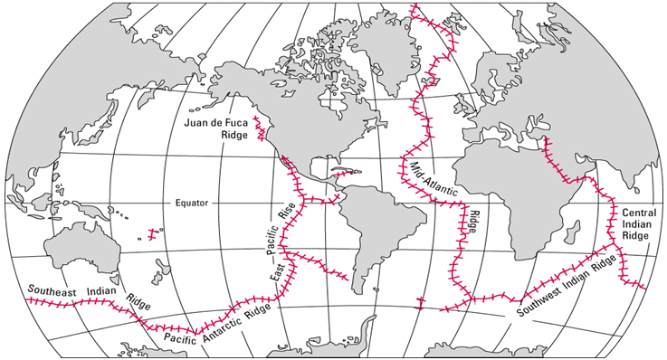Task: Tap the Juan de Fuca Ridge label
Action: (214, 130)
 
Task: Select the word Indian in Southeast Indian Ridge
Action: (102, 292)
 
